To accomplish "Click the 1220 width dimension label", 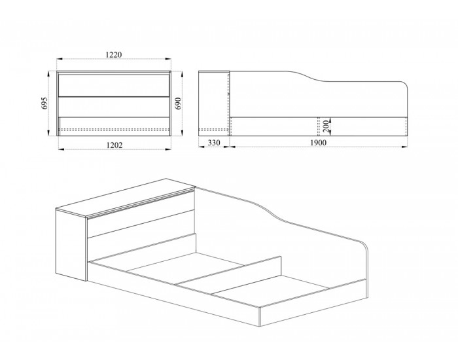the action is pos(114,54).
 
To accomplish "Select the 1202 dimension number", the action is pos(114,145).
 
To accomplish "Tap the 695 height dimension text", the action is pos(44,103).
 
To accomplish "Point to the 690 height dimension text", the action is pos(178,103).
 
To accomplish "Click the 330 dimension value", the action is pos(214,143).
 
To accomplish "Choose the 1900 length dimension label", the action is pos(318,143).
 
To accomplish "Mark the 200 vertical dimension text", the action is pos(326,126).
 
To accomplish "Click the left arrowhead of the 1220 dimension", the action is pos(60,59).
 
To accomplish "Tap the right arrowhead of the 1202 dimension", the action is pos(168,149).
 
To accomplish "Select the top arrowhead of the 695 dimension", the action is pos(48,73).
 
